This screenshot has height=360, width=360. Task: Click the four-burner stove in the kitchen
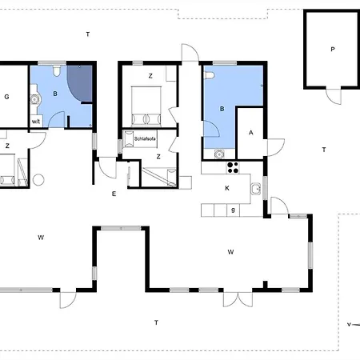tap(234, 167)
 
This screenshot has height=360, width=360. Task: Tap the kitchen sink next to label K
tap(254, 189)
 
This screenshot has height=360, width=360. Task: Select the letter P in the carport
tap(332, 49)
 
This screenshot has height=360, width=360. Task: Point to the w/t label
tap(36, 121)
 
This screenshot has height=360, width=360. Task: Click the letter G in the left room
tap(6, 97)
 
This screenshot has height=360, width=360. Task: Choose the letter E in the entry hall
tap(114, 194)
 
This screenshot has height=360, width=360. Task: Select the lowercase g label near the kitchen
tap(232, 210)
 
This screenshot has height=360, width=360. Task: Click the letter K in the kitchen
tap(227, 188)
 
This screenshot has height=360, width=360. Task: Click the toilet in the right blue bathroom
tap(209, 75)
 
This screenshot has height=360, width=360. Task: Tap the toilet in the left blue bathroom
tap(56, 71)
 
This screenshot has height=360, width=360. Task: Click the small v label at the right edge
tap(349, 325)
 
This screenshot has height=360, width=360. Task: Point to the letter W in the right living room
tap(230, 252)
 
